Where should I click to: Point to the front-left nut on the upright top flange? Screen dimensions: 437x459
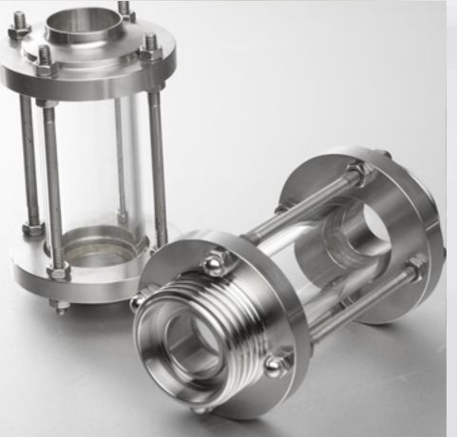[45, 59]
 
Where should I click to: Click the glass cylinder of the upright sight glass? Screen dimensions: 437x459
[95, 161]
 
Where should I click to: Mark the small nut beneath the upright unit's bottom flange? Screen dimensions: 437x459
[63, 306]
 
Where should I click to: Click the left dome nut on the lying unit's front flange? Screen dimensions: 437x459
[140, 302]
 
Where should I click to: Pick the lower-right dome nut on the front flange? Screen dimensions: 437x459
[275, 363]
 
